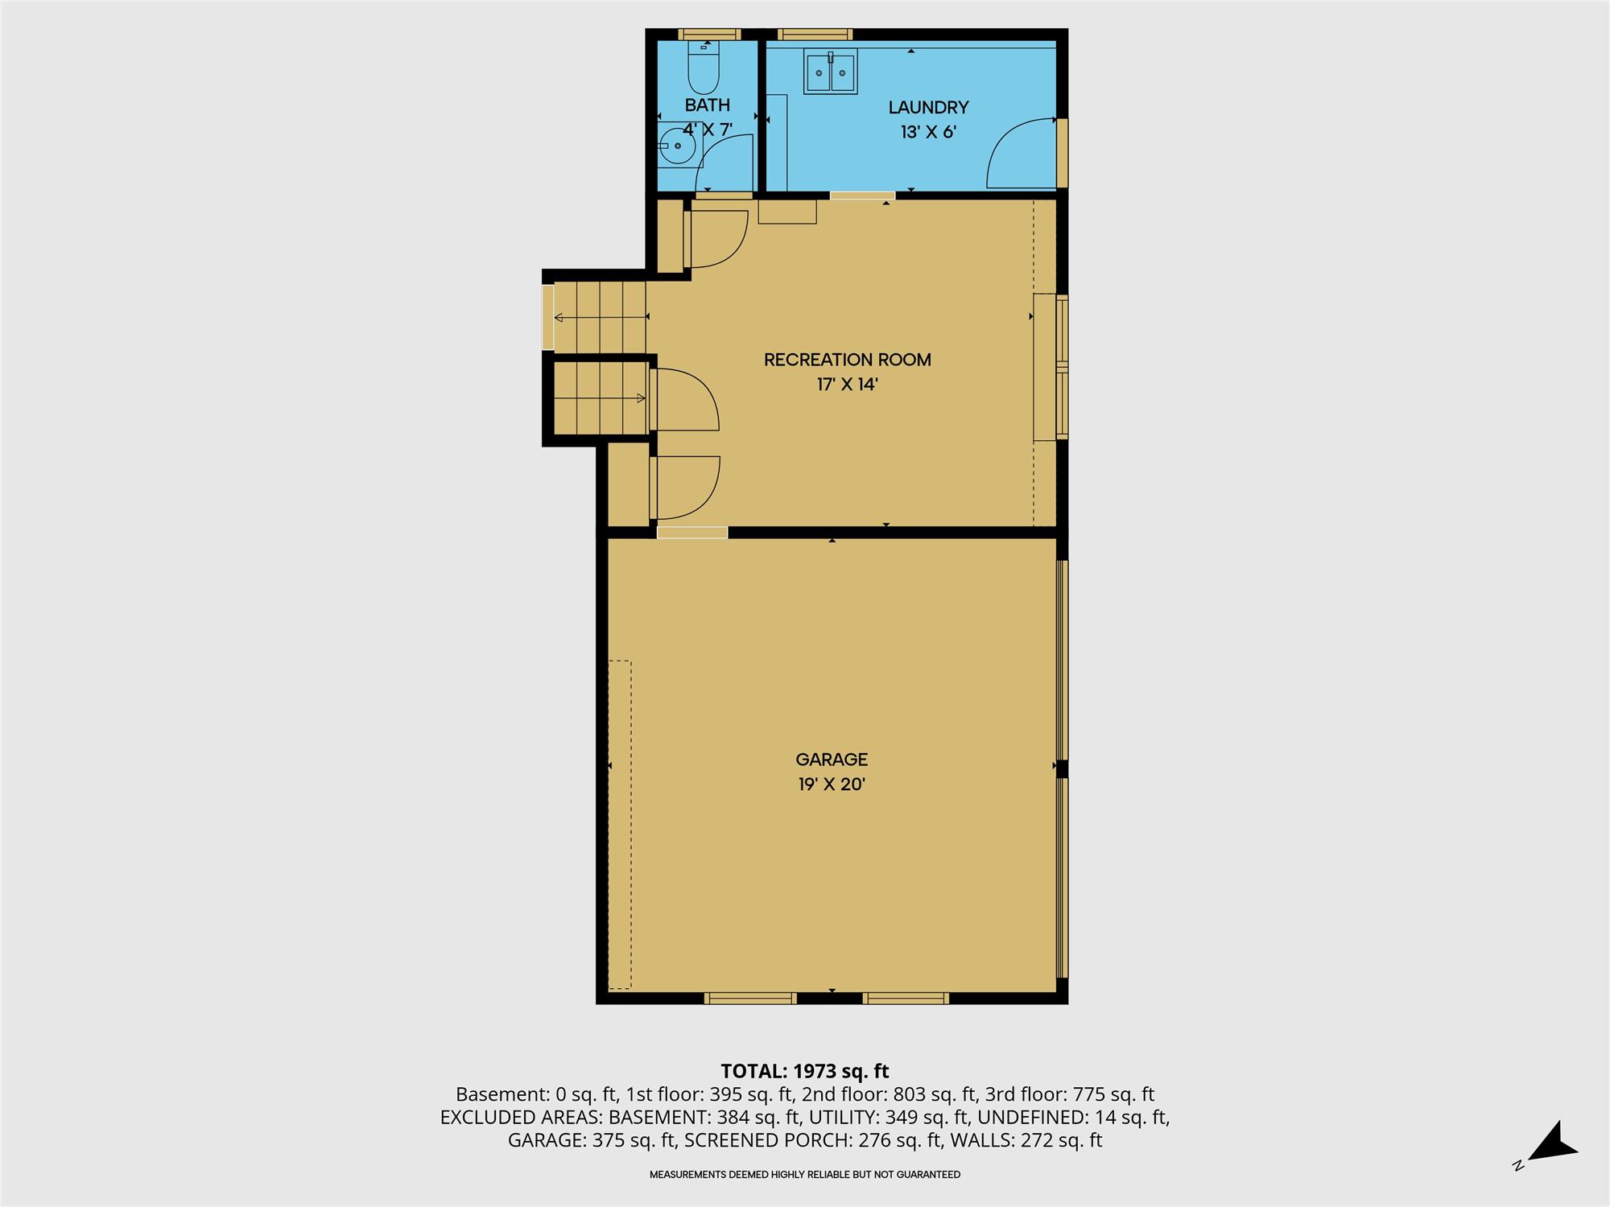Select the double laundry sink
(831, 72)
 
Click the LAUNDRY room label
(928, 107)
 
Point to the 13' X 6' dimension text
(928, 132)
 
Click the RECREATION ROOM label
(848, 360)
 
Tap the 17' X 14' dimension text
(847, 385)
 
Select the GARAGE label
(832, 760)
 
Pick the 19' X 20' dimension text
(832, 785)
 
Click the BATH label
(708, 105)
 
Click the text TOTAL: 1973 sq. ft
(805, 1071)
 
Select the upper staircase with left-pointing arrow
(600, 318)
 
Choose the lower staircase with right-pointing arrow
(600, 398)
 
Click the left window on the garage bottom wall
(750, 999)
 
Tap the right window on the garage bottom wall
(906, 999)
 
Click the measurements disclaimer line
(805, 1175)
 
